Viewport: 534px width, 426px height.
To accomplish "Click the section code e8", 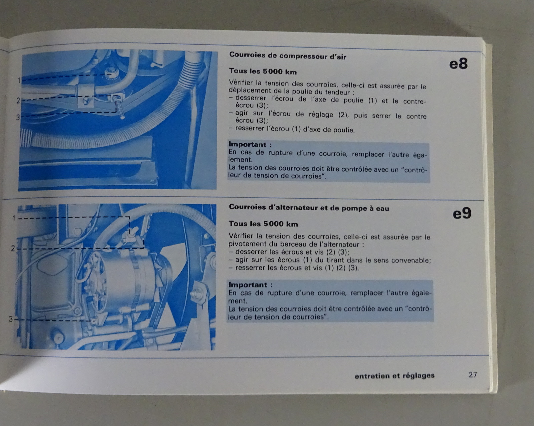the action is (x=458, y=64).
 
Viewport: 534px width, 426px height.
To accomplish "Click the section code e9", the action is (x=462, y=214).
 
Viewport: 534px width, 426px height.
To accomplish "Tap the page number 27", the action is (x=473, y=374).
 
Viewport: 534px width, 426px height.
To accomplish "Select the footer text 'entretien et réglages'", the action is (x=394, y=376).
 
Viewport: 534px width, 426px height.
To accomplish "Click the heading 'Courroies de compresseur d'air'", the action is (x=288, y=56).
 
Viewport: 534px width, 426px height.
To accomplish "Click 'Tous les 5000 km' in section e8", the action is (x=263, y=71).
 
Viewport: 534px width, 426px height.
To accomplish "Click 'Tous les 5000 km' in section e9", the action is (x=263, y=224).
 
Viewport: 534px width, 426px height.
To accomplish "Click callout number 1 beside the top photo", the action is (x=19, y=80).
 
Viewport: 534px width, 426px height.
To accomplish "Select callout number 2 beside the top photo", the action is (x=18, y=101).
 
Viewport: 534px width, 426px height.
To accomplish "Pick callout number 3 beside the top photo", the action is (x=18, y=117).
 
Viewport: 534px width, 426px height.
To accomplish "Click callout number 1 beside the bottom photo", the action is (x=14, y=218).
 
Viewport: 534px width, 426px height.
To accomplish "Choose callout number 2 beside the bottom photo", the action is (x=13, y=248).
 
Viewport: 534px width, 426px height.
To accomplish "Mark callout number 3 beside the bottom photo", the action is (x=10, y=319).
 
